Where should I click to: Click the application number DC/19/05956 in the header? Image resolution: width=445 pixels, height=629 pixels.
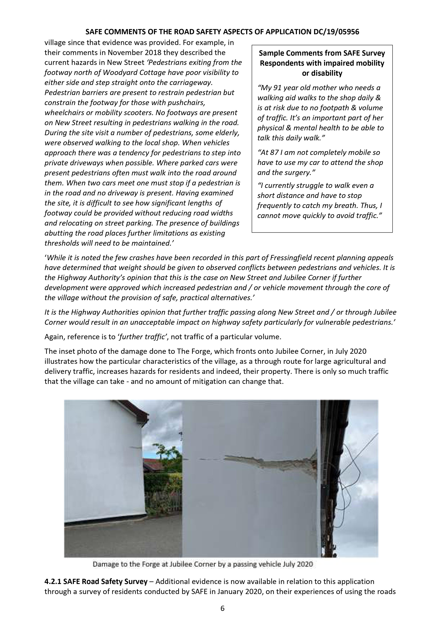pos(336,32)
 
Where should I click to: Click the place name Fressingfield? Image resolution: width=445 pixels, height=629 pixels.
pos(292,258)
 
